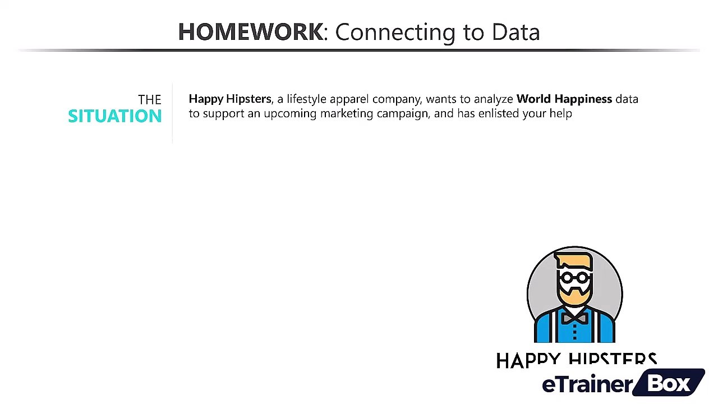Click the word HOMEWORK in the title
[250, 32]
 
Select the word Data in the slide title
[516, 32]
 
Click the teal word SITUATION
[115, 116]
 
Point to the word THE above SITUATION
[149, 100]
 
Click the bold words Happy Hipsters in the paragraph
[230, 99]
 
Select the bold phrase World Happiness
[564, 99]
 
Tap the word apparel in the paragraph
[349, 99]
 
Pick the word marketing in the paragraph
[346, 113]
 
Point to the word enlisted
[499, 113]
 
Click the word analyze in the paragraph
[493, 99]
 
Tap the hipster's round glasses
[574, 277]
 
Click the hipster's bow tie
[574, 319]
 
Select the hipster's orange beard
[574, 297]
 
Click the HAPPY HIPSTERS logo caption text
[576, 360]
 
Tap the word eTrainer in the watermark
[587, 385]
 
